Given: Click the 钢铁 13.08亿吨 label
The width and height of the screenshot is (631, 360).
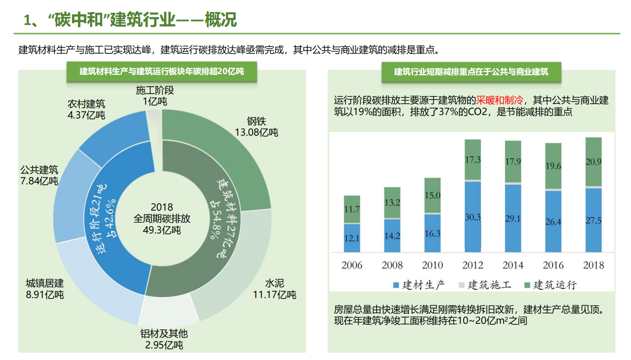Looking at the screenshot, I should click(257, 127).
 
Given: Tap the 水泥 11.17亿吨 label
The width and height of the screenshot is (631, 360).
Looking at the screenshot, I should click(274, 289).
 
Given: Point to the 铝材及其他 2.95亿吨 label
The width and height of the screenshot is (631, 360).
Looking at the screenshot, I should click(164, 339).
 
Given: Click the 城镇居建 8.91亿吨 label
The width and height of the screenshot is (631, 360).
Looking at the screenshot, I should click(45, 289).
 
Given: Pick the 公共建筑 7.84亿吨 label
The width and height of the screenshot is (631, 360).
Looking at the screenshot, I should click(39, 175).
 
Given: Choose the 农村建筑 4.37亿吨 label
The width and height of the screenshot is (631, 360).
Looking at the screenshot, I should click(86, 109).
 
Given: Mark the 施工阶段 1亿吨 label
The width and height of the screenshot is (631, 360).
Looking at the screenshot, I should click(155, 96).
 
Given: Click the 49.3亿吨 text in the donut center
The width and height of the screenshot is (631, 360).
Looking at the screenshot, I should click(162, 230).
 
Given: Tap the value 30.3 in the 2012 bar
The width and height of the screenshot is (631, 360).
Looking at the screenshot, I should click(473, 217).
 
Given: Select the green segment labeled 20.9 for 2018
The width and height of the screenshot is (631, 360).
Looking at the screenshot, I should click(594, 162).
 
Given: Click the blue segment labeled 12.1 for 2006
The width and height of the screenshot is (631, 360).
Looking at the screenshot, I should click(352, 238).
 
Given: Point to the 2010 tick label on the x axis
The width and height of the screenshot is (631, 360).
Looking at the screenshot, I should click(432, 265).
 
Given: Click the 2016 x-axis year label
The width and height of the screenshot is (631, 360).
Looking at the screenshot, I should click(553, 265).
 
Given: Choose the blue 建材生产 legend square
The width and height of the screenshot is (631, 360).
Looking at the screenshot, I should click(396, 285).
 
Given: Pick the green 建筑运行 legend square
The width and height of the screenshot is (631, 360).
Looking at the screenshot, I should click(527, 285).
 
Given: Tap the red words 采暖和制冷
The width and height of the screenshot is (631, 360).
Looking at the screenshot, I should click(499, 100).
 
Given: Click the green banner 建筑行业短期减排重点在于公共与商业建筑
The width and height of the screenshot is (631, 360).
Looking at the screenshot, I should click(471, 72).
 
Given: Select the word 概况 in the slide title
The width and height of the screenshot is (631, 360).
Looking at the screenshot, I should click(220, 20).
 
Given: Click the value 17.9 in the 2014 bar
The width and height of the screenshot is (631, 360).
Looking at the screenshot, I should click(513, 161).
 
